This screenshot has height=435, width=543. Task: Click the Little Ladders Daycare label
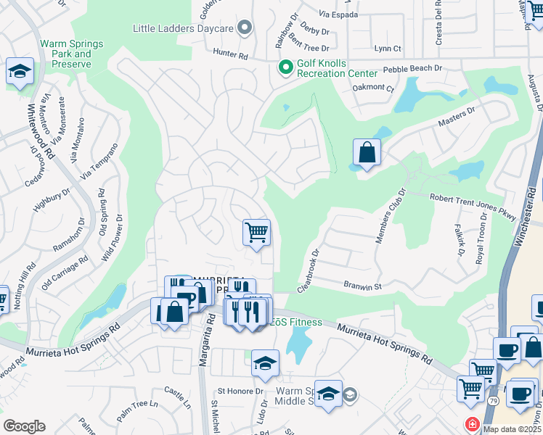point(183,28)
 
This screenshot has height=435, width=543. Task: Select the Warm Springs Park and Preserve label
point(71,54)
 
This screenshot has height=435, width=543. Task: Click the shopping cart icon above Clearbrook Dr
point(256,233)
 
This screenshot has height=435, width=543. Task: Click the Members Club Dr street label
point(388,216)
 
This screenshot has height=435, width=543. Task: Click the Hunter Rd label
point(231,54)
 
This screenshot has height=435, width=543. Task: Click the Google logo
point(24,426)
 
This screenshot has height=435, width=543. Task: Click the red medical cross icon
point(473,423)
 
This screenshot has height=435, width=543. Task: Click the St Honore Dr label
point(240,391)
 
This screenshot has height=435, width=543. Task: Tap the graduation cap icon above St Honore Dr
point(265,362)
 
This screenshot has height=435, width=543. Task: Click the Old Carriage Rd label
point(64,268)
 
